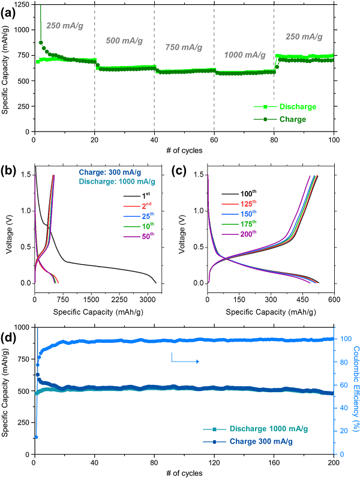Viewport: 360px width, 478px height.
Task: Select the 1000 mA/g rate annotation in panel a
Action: (x=245, y=55)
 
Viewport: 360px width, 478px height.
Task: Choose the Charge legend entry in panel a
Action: (x=293, y=119)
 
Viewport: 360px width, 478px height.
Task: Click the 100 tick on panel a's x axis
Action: (x=334, y=140)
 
